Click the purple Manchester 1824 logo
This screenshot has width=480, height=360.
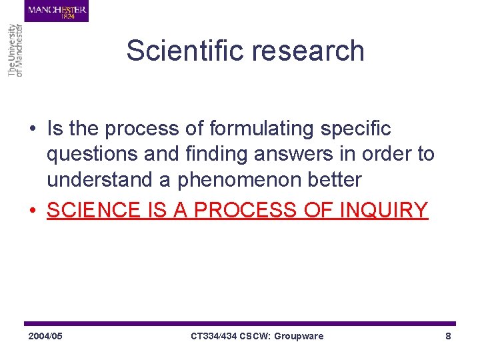57,11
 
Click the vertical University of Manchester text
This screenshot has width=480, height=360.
15,50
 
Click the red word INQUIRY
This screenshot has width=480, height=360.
383,210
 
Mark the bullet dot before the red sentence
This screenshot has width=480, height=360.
33,211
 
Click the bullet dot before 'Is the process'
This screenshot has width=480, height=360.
33,129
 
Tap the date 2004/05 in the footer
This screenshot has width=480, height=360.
45,336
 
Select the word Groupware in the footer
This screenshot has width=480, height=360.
298,336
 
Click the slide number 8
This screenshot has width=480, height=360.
448,336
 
